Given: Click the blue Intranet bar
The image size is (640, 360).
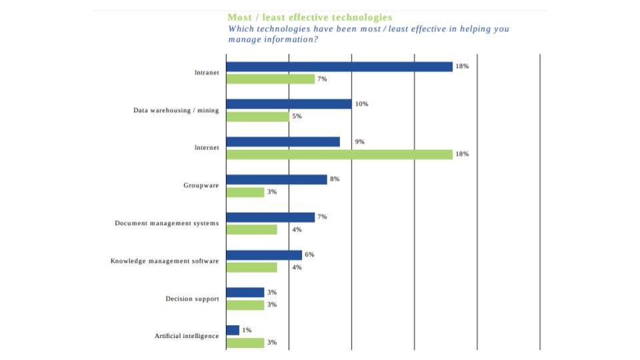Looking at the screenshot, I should point(339,67).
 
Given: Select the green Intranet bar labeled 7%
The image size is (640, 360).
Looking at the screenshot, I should point(270,79).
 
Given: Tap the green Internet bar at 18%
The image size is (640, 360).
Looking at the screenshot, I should point(339,154).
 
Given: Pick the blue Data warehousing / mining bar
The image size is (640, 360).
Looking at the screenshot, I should point(289,104).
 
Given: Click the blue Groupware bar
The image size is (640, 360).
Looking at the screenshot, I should point(277,179).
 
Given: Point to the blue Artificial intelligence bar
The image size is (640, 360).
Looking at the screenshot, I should point(233,330).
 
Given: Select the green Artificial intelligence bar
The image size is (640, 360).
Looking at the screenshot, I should point(245,343).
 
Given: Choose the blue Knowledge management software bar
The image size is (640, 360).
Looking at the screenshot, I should point(264,255).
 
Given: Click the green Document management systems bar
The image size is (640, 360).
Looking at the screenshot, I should point(251,229).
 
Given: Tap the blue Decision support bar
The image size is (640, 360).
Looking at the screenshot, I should point(245,292).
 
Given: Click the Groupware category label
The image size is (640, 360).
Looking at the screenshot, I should point(201,185).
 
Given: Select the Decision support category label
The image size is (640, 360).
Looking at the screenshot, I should point(192,299).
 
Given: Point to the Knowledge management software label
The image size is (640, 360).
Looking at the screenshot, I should point(164,261).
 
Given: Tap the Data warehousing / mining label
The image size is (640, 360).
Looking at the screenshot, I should point(175,110).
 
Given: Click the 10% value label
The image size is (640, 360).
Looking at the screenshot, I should point(361,104).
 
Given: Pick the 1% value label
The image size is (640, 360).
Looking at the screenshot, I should point(247,330).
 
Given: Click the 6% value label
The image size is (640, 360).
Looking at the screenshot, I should point(309,255).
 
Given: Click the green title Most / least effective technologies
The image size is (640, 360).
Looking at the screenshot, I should point(309,17).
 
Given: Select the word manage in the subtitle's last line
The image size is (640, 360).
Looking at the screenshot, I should point(244,39).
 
